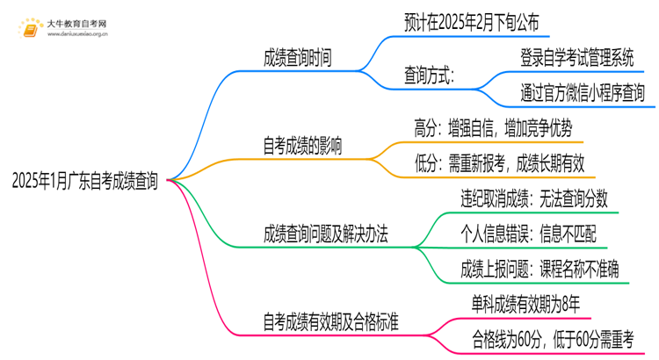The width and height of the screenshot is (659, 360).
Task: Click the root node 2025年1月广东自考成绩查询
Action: point(85,182)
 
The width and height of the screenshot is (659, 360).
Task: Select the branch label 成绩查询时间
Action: point(297,58)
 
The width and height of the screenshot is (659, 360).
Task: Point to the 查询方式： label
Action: point(430,76)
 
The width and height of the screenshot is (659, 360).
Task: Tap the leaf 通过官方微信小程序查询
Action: point(582,92)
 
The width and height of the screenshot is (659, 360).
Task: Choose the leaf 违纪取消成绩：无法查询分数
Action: point(534,199)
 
